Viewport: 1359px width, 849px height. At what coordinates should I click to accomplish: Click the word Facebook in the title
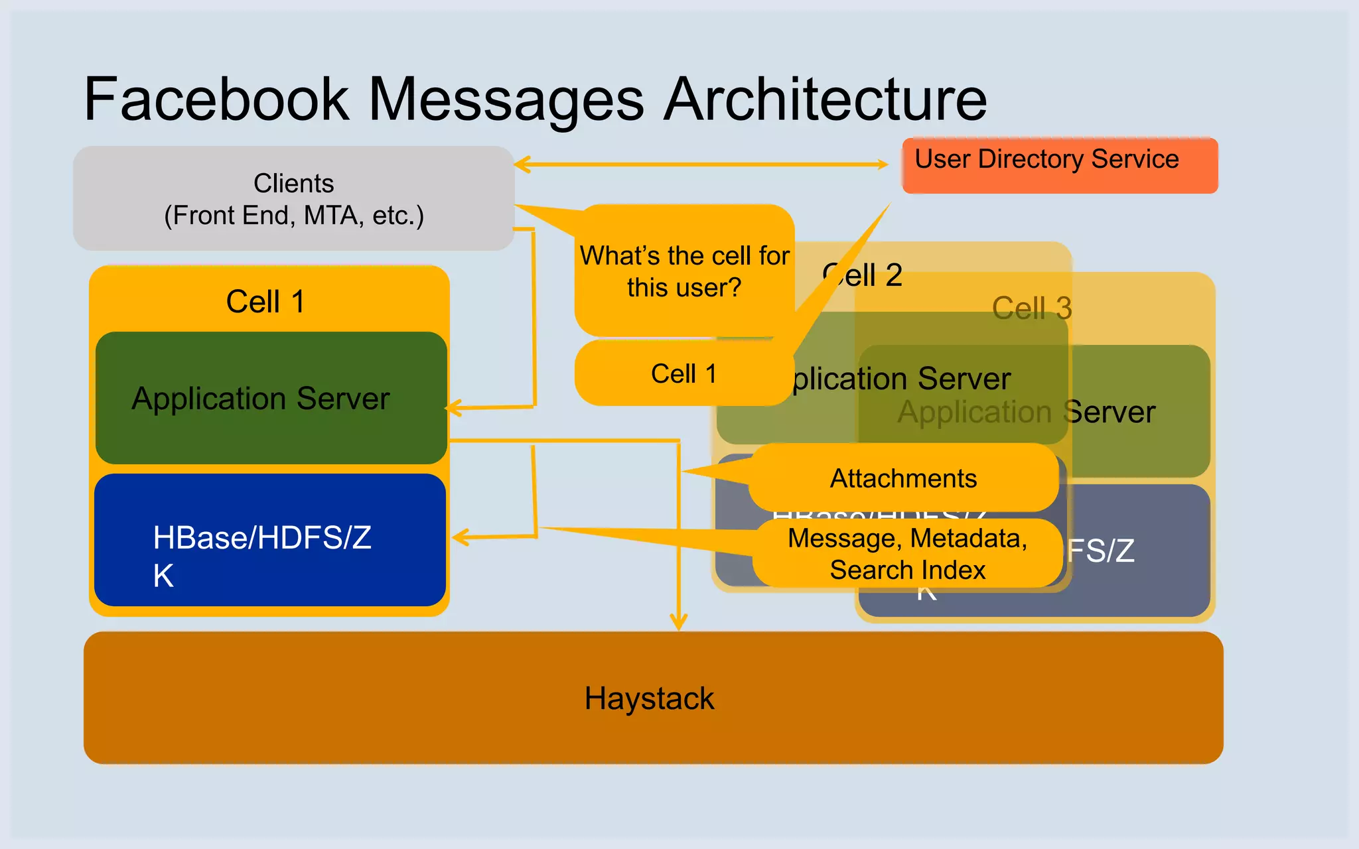coord(216,99)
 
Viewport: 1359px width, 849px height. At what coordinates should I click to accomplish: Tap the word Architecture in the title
coord(825,99)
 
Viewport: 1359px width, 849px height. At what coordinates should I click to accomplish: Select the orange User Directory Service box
coord(1059,166)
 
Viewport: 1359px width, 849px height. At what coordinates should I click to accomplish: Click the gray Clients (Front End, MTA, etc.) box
coord(293,199)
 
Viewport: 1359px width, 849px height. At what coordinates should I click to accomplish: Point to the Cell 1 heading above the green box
coord(265,302)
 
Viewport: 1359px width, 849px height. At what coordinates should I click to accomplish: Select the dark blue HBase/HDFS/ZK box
coord(269,540)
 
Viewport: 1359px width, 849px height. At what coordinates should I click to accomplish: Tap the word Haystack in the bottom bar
coord(649,698)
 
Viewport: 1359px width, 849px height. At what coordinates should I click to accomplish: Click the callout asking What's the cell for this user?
coord(683,272)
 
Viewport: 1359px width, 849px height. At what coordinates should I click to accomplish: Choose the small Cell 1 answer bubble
coord(683,373)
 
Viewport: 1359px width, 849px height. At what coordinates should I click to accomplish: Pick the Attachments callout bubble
coord(903,478)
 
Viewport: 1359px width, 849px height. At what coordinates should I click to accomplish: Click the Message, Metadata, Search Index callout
coord(907,554)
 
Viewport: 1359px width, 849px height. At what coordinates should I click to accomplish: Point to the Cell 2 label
coord(863,275)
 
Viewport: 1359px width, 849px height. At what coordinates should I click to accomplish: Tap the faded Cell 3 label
coord(1032,308)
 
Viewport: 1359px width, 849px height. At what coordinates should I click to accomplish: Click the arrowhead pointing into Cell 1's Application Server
coord(453,408)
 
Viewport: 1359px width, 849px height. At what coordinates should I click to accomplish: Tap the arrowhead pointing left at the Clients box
coord(521,164)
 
